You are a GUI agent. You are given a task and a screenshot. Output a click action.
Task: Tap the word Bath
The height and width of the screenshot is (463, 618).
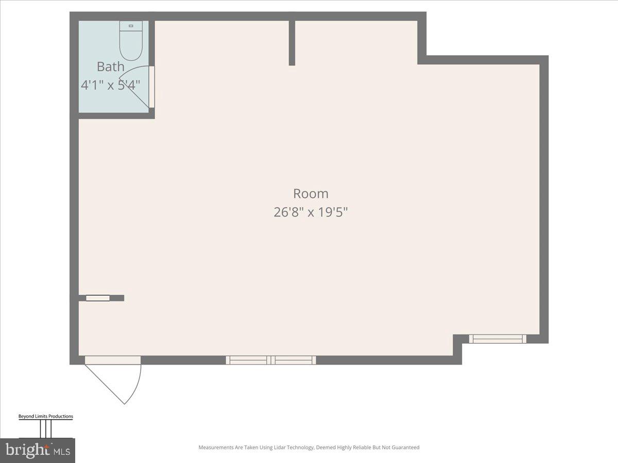(111, 66)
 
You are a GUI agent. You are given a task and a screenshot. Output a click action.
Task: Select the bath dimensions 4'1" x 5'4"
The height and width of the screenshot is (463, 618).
(111, 84)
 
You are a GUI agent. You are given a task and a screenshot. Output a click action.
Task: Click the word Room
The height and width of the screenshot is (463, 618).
(311, 194)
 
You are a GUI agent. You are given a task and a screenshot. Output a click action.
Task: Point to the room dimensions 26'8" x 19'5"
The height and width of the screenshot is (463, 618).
(311, 212)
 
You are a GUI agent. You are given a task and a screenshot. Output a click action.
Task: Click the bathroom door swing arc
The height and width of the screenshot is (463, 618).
(135, 85)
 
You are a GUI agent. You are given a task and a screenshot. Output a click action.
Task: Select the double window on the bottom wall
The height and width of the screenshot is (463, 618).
(271, 360)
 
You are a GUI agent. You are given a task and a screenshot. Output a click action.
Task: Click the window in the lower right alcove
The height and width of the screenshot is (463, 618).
(497, 339)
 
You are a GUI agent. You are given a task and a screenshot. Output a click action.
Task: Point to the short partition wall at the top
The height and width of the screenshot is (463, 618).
(292, 43)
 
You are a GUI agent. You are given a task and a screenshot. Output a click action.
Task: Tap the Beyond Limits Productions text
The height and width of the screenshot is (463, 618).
(46, 416)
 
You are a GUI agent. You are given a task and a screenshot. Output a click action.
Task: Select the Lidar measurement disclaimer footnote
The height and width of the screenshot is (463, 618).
(309, 448)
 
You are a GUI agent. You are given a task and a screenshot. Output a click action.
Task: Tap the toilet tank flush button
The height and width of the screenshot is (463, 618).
(131, 25)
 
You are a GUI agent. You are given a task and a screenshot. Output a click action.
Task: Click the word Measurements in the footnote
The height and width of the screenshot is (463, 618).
(215, 448)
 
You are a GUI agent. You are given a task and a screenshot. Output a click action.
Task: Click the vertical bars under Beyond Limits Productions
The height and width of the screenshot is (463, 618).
(46, 429)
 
